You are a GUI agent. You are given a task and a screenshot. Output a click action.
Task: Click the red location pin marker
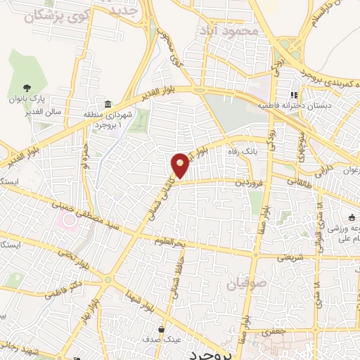click(x=180, y=164)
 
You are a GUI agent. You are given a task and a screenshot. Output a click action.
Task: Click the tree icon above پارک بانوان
click(x=27, y=89)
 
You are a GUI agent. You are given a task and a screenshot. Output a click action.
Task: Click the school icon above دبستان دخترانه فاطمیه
click(x=293, y=95)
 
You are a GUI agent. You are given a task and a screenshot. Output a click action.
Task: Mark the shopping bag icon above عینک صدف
click(x=162, y=328)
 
